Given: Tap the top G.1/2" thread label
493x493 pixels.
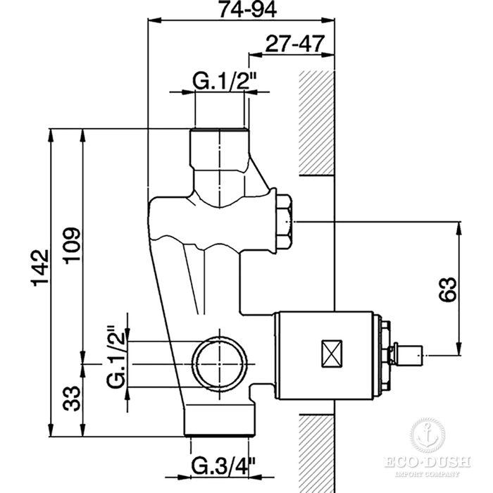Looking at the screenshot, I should point(220,82).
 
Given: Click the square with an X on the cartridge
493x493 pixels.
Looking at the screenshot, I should point(330,352).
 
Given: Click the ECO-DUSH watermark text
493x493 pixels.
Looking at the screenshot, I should point(427,463).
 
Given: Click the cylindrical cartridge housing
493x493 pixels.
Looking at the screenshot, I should point(327,351).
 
